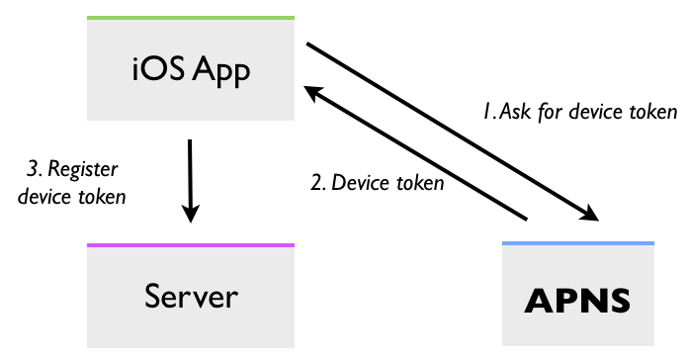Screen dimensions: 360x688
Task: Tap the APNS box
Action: click(x=577, y=296)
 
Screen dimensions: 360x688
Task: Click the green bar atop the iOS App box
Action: click(x=191, y=18)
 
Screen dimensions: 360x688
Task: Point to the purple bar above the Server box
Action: click(x=191, y=244)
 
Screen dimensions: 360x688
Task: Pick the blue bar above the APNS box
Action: click(x=577, y=242)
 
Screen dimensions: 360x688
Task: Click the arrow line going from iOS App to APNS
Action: click(x=445, y=129)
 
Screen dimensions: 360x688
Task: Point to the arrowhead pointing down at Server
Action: click(x=191, y=212)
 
